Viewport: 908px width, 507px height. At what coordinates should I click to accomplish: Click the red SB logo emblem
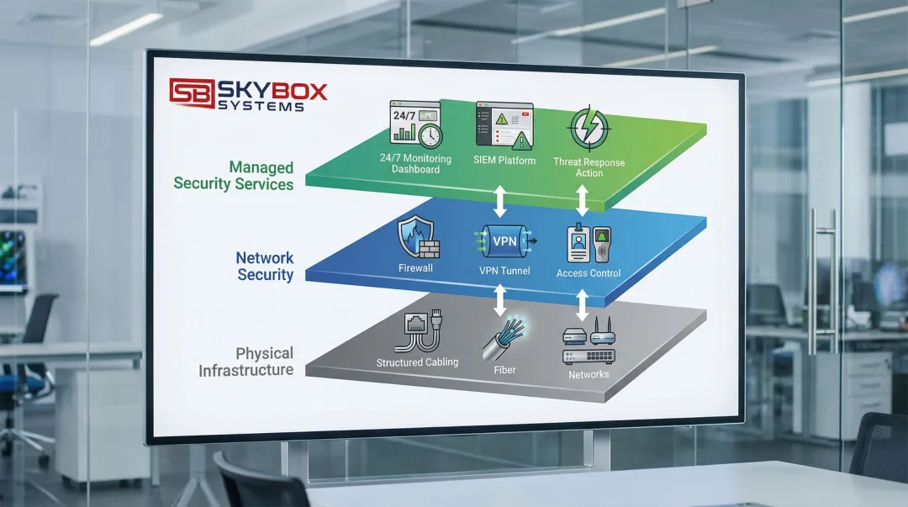(x=191, y=91)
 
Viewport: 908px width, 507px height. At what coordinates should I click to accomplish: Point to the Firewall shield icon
(x=417, y=236)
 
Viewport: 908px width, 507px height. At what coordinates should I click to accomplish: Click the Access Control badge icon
(x=589, y=245)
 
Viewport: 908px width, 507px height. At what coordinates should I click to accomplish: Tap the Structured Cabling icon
(x=418, y=333)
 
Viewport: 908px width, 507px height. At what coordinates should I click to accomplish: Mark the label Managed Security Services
(x=234, y=175)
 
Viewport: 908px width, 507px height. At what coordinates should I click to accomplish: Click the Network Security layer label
(x=265, y=266)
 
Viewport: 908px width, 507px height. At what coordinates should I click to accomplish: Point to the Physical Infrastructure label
(x=246, y=362)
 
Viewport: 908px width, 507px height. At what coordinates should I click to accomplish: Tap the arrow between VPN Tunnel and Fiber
(x=502, y=298)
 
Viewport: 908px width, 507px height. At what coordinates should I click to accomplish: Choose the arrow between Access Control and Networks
(x=583, y=301)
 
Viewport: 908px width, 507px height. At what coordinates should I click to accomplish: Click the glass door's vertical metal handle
(x=812, y=282)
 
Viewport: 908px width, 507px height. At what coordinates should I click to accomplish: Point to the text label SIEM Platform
(x=504, y=161)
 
